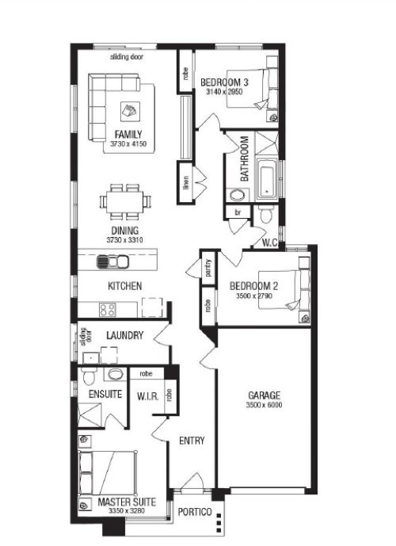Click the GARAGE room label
[264, 395]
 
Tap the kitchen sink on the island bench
[112, 262]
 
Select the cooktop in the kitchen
[107, 310]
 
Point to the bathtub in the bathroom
[267, 180]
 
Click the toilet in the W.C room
[266, 214]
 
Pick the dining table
[125, 202]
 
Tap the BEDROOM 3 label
[224, 82]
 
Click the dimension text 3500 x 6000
[264, 405]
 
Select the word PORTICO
[195, 512]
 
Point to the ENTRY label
[192, 441]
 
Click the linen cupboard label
[186, 183]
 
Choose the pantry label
[208, 268]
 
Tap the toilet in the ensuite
[88, 376]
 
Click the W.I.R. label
[148, 396]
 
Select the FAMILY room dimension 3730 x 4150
[128, 143]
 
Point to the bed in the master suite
[107, 473]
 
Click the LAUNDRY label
[125, 335]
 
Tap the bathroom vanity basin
[238, 195]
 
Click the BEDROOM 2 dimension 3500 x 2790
[254, 296]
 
